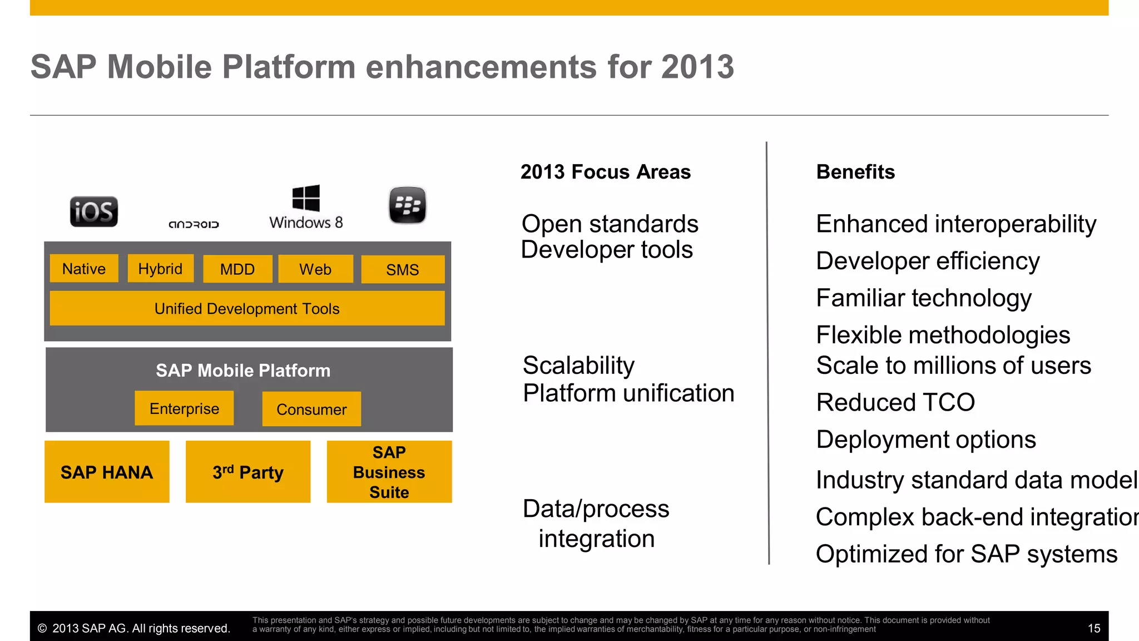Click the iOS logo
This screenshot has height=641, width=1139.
[x=93, y=212]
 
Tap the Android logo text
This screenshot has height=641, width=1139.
[x=194, y=224]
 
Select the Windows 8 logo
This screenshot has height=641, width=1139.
[x=306, y=207]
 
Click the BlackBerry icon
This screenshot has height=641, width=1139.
[x=407, y=205]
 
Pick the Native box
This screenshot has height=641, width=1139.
[x=84, y=269]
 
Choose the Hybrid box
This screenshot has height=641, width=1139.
[x=160, y=269]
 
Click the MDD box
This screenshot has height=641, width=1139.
[x=237, y=269]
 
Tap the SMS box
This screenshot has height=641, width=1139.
[x=403, y=270]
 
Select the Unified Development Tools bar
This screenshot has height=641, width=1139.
[x=247, y=308]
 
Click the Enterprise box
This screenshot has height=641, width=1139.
[x=184, y=408]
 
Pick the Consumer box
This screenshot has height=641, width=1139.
[x=311, y=410]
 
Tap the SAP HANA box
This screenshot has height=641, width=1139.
[x=107, y=472]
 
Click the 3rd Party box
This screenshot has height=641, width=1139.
[x=248, y=472]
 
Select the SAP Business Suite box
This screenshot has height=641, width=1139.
[x=389, y=472]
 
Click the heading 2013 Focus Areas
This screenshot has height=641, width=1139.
[x=605, y=172]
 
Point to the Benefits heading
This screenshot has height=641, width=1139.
[x=855, y=172]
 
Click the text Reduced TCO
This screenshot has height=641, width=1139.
[x=895, y=402]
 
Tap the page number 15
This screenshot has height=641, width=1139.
[x=1093, y=628]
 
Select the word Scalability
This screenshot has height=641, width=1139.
[x=578, y=366]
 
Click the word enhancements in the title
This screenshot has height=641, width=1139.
[x=481, y=67]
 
